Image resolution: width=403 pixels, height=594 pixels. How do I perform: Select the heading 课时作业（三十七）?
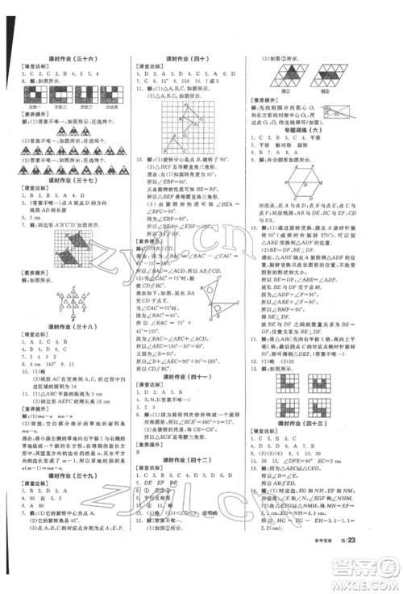(71, 194)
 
